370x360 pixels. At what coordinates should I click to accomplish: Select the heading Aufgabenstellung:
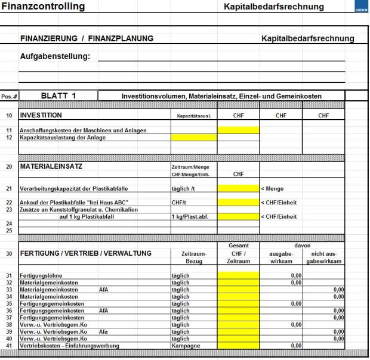[55, 57]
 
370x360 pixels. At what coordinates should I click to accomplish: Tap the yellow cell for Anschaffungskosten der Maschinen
[238, 130]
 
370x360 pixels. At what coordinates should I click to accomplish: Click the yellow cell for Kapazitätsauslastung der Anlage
[193, 137]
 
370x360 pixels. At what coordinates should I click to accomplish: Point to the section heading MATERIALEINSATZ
[51, 167]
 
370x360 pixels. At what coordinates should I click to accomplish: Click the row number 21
[9, 188]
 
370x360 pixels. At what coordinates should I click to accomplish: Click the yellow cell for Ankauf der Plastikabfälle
[238, 202]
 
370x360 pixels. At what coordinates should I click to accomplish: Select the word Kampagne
[186, 345]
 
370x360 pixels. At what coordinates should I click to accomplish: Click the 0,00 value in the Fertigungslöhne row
[295, 275]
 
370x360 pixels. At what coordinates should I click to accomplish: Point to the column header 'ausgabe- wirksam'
[280, 257]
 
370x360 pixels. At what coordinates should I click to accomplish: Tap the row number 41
[9, 345]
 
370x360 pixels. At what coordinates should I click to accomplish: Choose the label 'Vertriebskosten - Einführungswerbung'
[69, 345]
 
